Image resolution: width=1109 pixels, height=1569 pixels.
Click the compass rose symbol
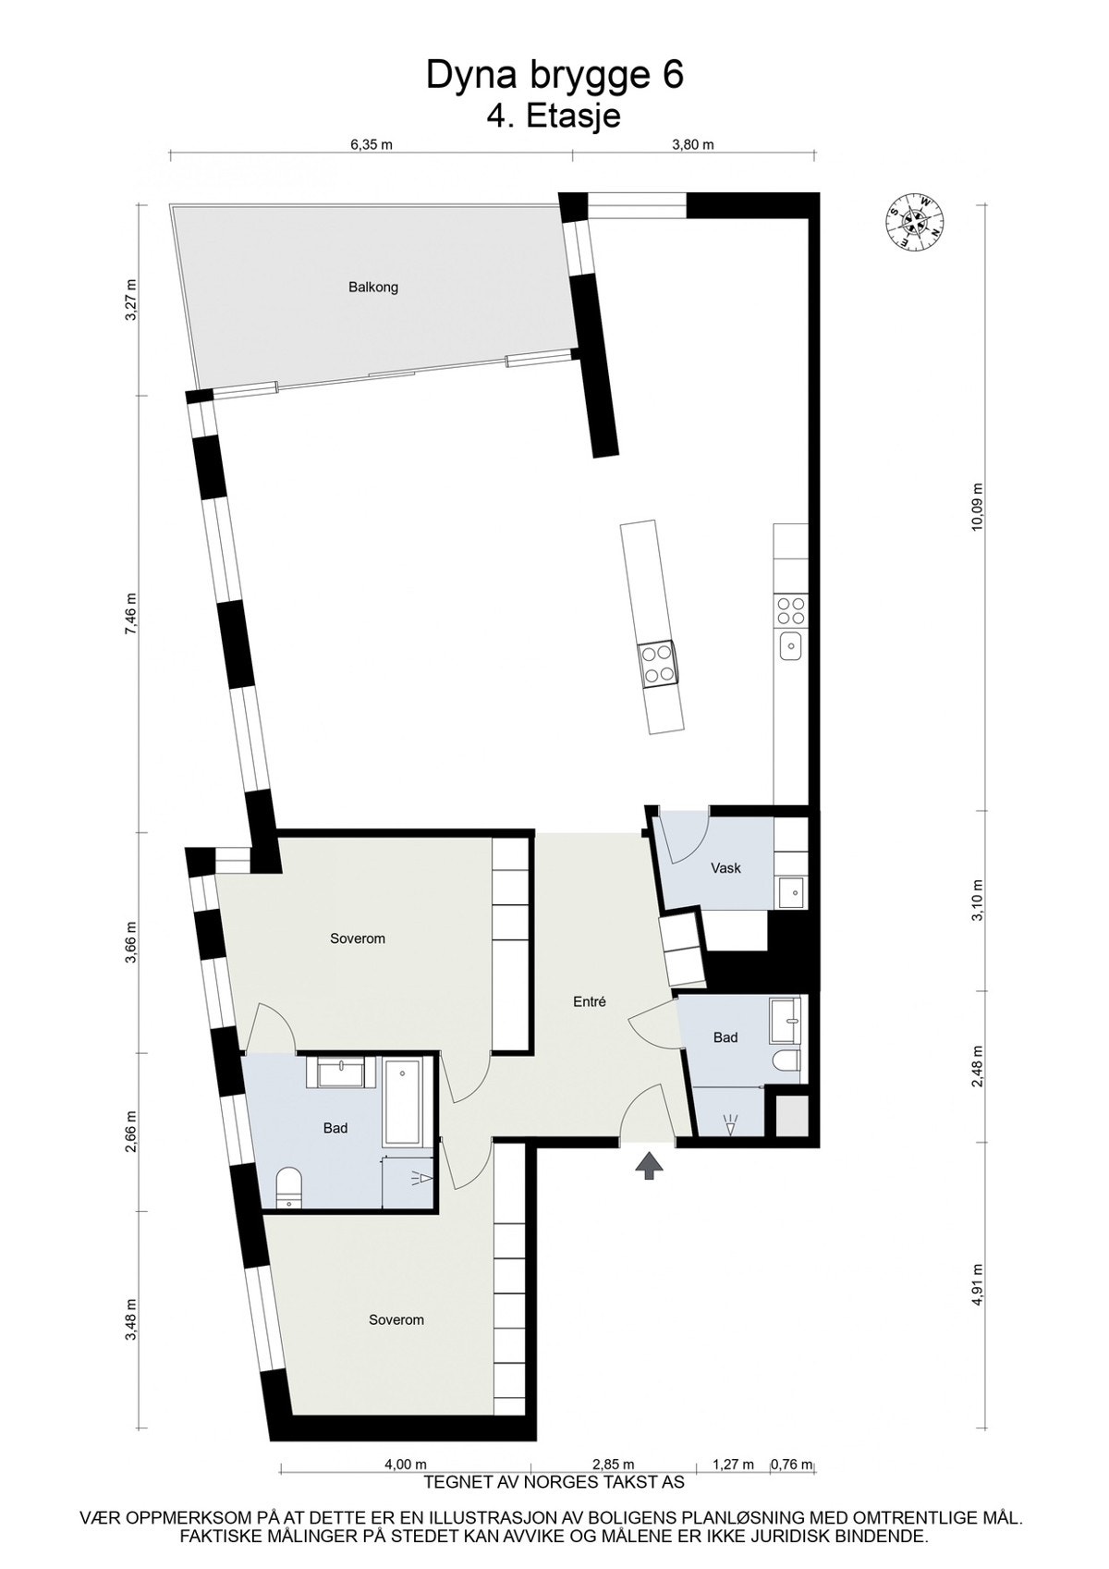(x=916, y=221)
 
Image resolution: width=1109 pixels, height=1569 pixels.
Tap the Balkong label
(x=373, y=288)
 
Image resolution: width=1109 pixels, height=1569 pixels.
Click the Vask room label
(x=725, y=868)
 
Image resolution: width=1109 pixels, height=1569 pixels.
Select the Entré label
(x=589, y=1001)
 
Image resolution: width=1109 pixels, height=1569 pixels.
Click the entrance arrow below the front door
(x=651, y=1166)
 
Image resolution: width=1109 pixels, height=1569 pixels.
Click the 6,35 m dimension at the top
(x=372, y=145)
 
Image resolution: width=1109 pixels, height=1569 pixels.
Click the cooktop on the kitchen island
(x=658, y=663)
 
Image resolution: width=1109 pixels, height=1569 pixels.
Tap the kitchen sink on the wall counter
(x=791, y=644)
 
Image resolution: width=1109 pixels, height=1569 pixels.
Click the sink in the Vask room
(x=791, y=892)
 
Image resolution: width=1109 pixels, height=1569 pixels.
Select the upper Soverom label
(x=358, y=938)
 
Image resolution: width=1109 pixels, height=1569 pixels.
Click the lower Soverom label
(x=396, y=1319)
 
